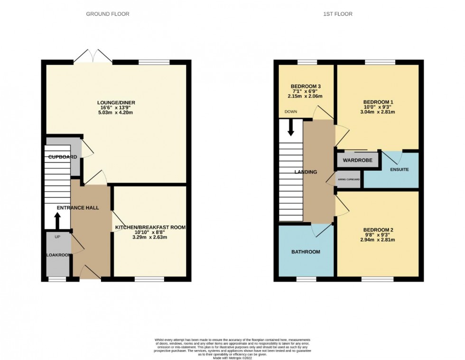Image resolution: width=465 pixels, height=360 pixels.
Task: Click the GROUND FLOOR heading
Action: pyautogui.click(x=107, y=14)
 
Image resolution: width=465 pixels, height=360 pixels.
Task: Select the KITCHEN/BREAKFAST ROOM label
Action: pyautogui.click(x=150, y=228)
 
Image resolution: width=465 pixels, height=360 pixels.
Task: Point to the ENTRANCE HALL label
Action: pyautogui.click(x=78, y=208)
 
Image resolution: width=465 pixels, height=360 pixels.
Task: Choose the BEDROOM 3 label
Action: pyautogui.click(x=306, y=86)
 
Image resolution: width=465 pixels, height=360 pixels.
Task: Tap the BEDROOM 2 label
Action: pyautogui.click(x=378, y=231)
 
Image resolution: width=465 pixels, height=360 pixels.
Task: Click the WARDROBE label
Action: pyautogui.click(x=358, y=160)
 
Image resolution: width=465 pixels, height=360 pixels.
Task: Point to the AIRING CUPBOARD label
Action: pyautogui.click(x=348, y=180)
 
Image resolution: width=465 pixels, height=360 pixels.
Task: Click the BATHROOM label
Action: pyautogui.click(x=306, y=252)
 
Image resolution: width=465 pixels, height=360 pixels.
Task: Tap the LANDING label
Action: pyautogui.click(x=306, y=172)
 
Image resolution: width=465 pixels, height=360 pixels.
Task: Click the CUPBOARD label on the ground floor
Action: pyautogui.click(x=62, y=157)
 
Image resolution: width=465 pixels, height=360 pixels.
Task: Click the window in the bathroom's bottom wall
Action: pyautogui.click(x=306, y=279)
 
